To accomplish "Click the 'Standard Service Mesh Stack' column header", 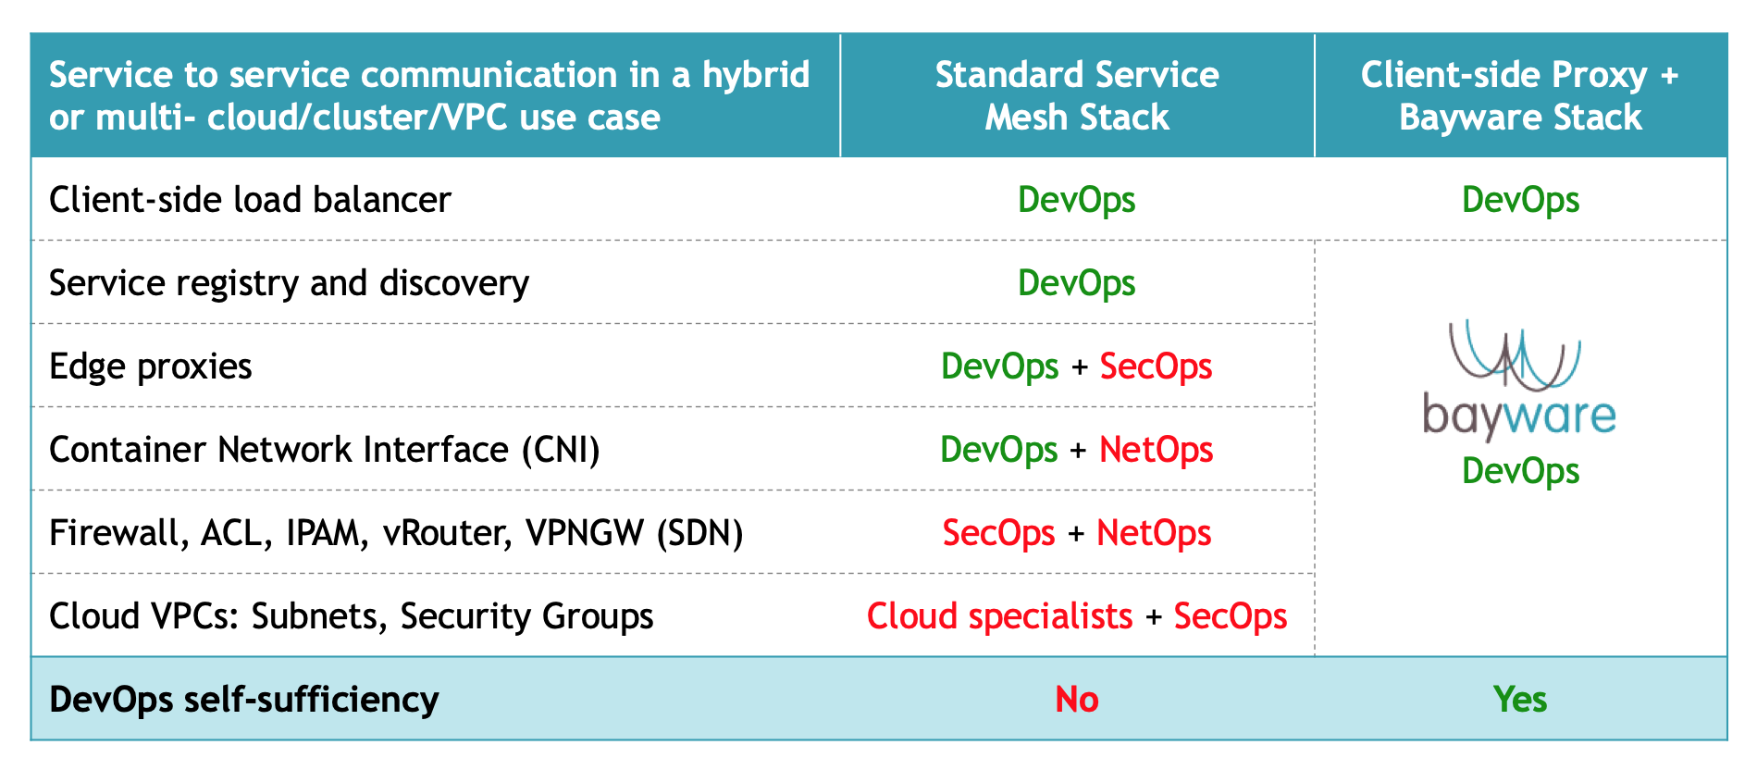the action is tap(1077, 95).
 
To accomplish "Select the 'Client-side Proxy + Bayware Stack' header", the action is tap(1520, 95).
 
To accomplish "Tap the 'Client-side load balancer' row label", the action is tap(250, 200).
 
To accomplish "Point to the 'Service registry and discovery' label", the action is tap(289, 283).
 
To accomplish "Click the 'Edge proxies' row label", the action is tap(150, 367).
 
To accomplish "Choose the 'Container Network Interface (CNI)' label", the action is tap(325, 450).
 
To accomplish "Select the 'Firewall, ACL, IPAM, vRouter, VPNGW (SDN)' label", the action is tap(396, 533).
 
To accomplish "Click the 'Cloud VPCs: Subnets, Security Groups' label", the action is tap(352, 616).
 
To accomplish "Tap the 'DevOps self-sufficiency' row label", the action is tap(244, 700).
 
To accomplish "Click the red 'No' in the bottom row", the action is tap(1077, 700).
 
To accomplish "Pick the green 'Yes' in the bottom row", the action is tap(1520, 700).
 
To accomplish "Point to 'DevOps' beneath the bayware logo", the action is tap(1520, 471).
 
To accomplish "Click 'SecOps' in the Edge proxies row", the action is tap(1156, 366).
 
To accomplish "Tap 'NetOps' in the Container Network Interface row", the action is tap(1156, 450).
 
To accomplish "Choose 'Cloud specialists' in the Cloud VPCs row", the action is tap(999, 616).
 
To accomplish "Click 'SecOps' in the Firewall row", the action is tap(998, 533).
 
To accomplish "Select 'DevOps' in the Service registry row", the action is tap(1077, 283).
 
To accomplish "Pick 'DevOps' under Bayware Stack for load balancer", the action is tap(1520, 200).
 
